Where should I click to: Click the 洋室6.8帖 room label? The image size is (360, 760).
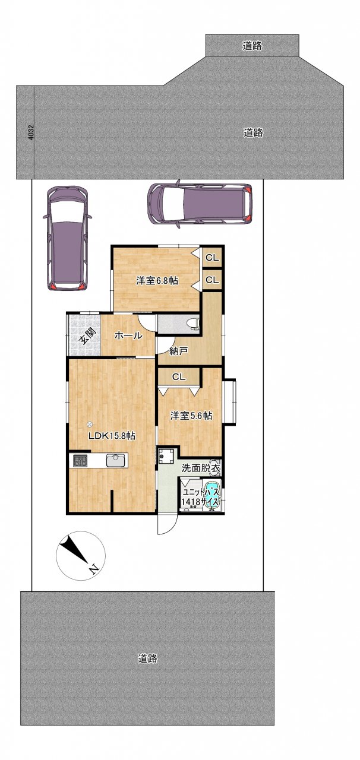(x=157, y=281)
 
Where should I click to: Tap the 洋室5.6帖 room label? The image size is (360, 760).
(x=191, y=416)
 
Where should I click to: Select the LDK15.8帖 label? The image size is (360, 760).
(x=112, y=436)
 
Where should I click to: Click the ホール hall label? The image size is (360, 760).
(x=128, y=336)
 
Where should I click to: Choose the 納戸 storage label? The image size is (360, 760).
(x=179, y=351)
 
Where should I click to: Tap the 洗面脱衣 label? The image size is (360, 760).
(x=201, y=468)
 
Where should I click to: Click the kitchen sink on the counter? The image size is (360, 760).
(x=116, y=461)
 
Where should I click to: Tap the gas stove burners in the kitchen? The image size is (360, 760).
(x=80, y=461)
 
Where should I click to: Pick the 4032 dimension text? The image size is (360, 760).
(x=31, y=132)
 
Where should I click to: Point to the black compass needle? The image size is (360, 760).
(x=74, y=549)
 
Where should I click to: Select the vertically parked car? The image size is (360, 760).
(x=68, y=238)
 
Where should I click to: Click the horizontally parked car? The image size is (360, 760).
(x=200, y=204)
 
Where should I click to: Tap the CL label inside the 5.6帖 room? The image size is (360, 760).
(x=179, y=377)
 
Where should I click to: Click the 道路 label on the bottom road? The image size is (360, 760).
(x=148, y=658)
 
